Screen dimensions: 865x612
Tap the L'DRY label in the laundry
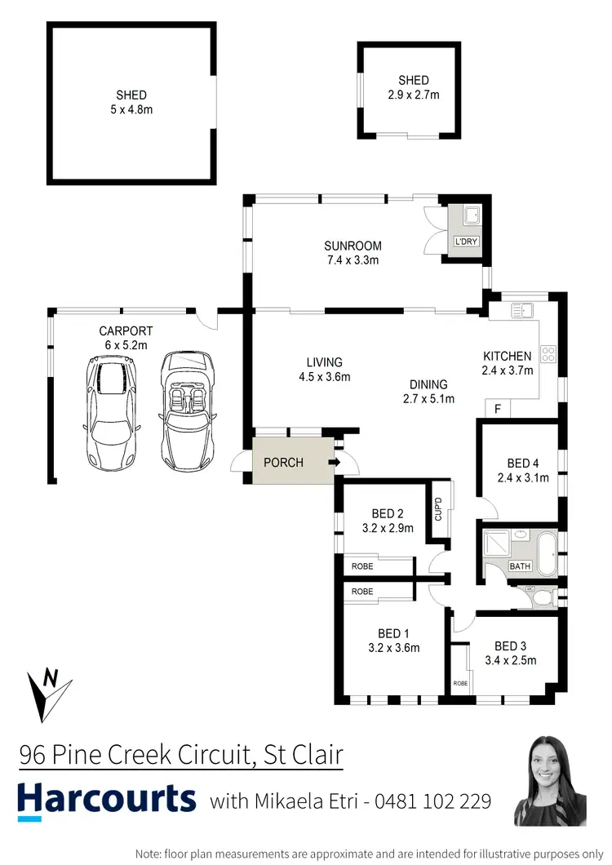466,242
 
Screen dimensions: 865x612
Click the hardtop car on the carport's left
111,412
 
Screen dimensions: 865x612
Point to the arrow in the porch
335,463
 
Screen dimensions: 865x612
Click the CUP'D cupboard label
438,510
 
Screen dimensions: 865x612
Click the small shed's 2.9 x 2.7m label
413,94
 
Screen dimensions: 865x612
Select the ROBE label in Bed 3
460,682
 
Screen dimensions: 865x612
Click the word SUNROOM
353,246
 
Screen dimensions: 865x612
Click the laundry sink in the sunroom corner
471,216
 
